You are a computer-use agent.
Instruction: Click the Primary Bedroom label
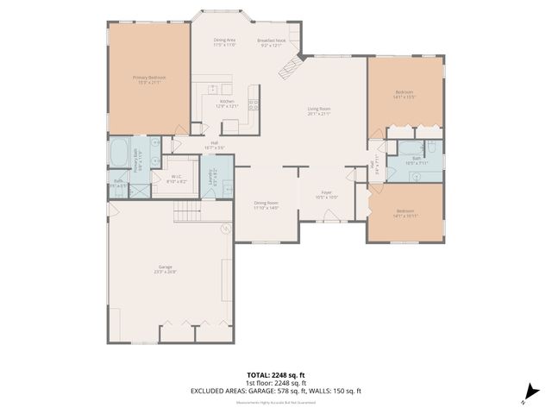click(149, 79)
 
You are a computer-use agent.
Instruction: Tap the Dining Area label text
click(225, 41)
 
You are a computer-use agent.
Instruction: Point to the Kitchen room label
click(227, 103)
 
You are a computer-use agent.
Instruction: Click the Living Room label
click(319, 111)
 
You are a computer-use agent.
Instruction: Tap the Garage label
click(165, 269)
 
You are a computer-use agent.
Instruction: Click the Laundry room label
click(212, 177)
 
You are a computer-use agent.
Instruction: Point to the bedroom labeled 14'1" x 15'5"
click(405, 94)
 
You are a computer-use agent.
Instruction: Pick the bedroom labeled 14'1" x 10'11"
click(405, 213)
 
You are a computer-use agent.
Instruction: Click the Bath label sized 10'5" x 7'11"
click(416, 160)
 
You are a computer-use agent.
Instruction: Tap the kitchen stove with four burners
click(254, 105)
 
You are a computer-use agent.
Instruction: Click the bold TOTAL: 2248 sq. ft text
click(275, 376)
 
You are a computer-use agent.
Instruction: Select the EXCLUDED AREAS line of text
click(275, 392)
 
